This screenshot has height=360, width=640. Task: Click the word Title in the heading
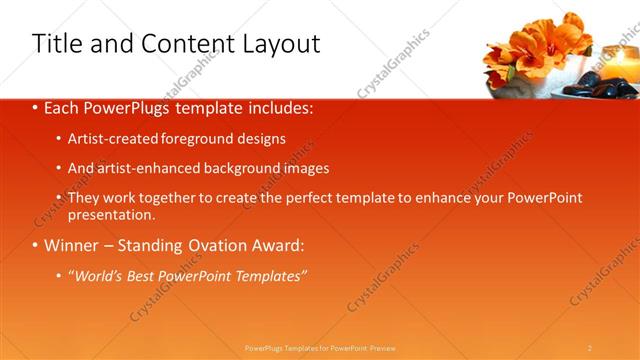[x=57, y=44]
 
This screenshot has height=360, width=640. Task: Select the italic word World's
[x=97, y=275]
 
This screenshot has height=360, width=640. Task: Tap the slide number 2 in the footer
[x=590, y=347]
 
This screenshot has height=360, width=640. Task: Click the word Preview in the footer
[x=384, y=347]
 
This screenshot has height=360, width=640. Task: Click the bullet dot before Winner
[x=36, y=245]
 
